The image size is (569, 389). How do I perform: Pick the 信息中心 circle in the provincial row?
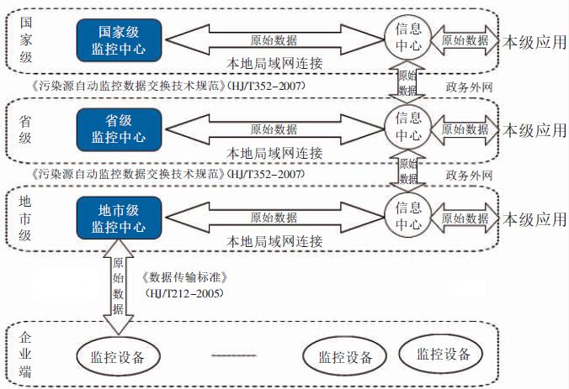409,128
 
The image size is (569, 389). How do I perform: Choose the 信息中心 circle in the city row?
409,217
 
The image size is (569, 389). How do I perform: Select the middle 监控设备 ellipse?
345,357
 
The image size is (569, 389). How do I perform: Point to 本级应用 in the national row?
534,39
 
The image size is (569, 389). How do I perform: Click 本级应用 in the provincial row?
534,130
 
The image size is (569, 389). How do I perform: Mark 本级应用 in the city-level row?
534,219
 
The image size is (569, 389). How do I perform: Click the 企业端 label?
25,355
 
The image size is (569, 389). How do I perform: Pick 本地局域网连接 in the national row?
274,64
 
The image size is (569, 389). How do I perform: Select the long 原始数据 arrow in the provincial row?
274,129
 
